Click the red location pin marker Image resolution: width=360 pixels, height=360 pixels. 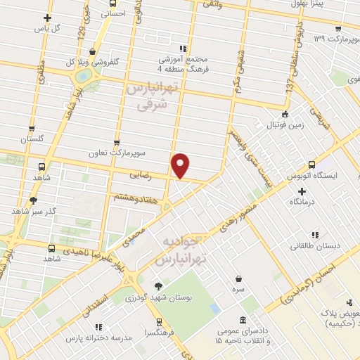181,165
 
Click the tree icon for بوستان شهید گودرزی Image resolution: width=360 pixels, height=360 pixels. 159,285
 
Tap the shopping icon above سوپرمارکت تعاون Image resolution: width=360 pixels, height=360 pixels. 116,142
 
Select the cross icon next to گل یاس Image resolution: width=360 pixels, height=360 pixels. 47,18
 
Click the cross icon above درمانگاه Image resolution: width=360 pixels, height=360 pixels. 292,191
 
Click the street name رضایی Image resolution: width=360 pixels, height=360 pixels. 141,173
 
